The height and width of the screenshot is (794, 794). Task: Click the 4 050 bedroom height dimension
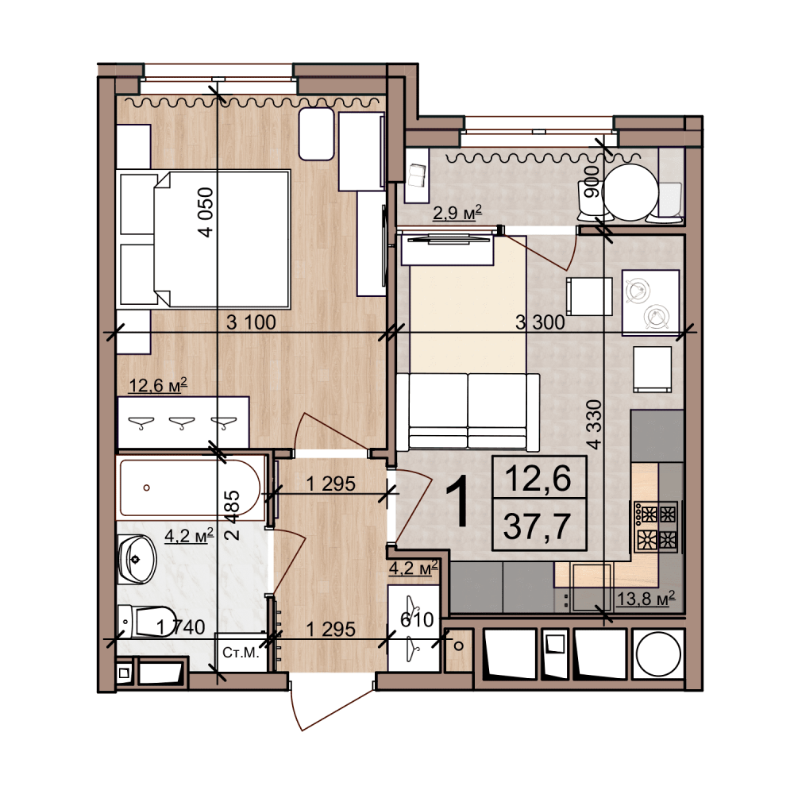coord(206,212)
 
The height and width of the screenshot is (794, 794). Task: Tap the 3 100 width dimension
coord(251,322)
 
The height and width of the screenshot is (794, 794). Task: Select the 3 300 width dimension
coord(540,322)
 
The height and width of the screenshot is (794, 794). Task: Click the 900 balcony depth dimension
coord(591,182)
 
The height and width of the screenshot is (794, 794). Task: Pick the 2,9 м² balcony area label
coord(457,213)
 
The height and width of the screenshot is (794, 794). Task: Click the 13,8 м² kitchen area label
coord(646,599)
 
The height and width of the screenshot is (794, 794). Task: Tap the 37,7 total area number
coord(538,526)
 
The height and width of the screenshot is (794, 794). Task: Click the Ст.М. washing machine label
coord(241,652)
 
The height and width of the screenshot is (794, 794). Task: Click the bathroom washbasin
coord(137,560)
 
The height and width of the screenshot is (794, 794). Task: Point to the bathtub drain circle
coord(146,488)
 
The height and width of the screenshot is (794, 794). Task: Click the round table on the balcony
coord(630,192)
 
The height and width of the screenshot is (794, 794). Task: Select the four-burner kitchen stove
coord(657,527)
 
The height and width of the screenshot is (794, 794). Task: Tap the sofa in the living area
coord(468,411)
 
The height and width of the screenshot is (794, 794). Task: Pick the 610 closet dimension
coord(417,619)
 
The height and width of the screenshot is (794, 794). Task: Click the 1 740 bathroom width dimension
coord(180,627)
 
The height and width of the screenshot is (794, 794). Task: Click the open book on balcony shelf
coord(418,175)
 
